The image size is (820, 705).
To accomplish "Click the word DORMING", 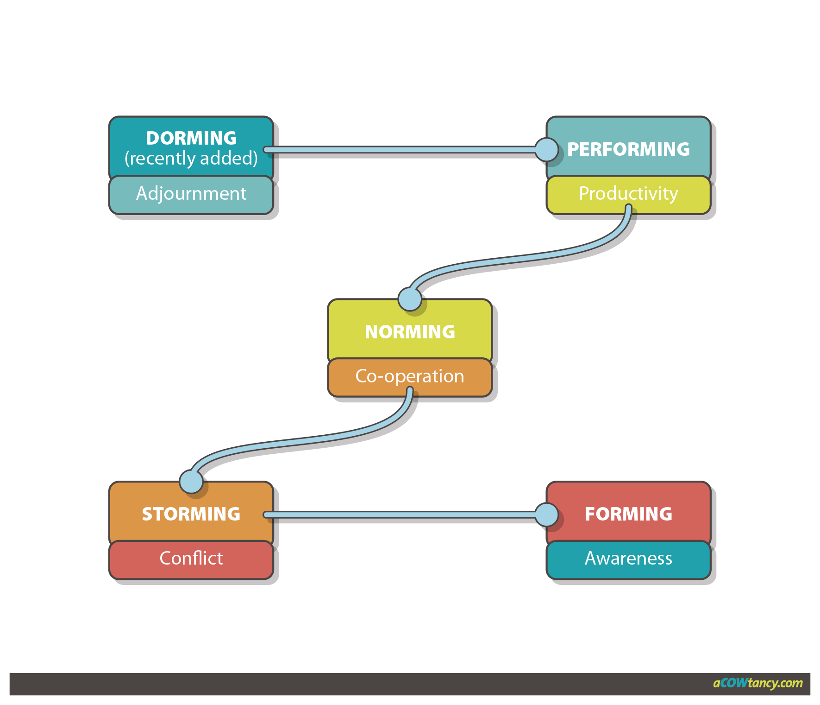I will click(191, 138).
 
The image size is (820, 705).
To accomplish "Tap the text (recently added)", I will click(191, 159).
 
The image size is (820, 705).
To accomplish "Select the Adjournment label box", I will click(191, 194).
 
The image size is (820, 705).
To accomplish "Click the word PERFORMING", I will click(628, 149).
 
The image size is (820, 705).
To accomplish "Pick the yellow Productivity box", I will click(628, 194).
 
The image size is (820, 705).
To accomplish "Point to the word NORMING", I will click(410, 332).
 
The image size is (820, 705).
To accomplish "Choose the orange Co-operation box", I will click(410, 376).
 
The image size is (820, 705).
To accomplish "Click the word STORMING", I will click(191, 514).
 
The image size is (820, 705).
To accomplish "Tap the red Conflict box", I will click(191, 559).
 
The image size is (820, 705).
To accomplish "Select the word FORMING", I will click(628, 514).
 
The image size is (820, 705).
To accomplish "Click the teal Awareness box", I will click(628, 559).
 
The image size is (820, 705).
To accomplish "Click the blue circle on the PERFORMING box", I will click(547, 149).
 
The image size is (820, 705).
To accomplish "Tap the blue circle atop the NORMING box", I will click(410, 299).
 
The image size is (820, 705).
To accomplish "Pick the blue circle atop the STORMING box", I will click(191, 482).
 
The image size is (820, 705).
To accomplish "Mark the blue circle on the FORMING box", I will click(547, 514).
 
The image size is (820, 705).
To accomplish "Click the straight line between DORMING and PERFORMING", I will click(403, 150).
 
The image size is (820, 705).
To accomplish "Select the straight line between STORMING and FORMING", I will click(403, 514).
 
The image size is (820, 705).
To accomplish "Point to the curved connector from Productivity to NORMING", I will click(519, 258).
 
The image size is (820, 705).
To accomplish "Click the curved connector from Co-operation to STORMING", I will click(301, 440).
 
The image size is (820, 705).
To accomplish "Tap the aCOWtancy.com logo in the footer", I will click(757, 683).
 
